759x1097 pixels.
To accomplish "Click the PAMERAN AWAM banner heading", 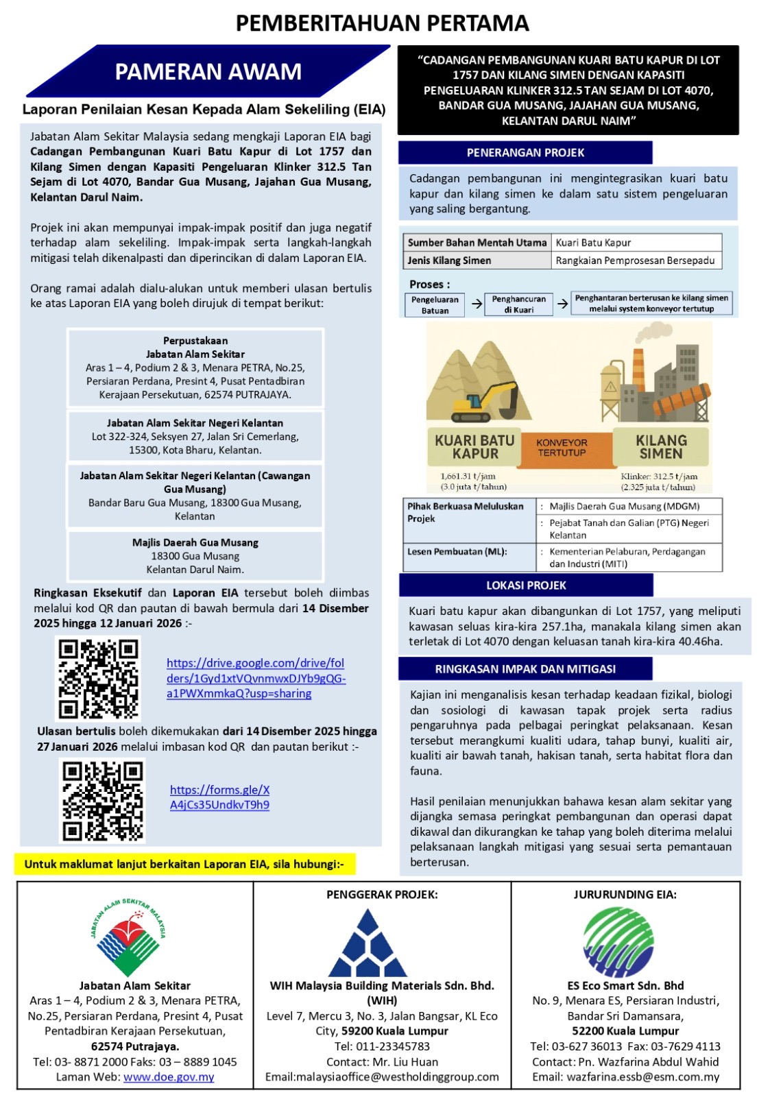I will pos(208,71).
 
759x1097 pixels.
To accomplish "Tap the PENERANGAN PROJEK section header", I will pos(525,152).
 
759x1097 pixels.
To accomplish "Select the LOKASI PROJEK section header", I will pos(526,585).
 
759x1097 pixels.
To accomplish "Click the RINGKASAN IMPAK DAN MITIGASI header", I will pos(525,668).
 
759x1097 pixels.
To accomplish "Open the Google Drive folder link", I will pos(256,678).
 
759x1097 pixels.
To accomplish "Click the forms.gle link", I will pos(219,797).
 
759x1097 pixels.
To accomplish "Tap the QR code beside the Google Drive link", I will pos(98,678).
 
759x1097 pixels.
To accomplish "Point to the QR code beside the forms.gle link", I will pos(103,800).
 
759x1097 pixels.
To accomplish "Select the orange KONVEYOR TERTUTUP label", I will pos(562,448).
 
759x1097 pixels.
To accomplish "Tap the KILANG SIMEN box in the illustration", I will pos(661,447).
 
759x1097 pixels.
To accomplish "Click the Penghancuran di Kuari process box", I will pos(519,304).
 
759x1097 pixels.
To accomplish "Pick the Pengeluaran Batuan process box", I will pos(435,304).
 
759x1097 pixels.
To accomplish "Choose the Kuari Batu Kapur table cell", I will pos(636,242).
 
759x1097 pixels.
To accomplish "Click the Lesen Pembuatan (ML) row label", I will pos(457,551).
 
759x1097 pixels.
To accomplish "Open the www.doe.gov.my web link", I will pos(169,1076).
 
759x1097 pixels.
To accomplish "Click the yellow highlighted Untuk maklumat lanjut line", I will pos(184,864).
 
